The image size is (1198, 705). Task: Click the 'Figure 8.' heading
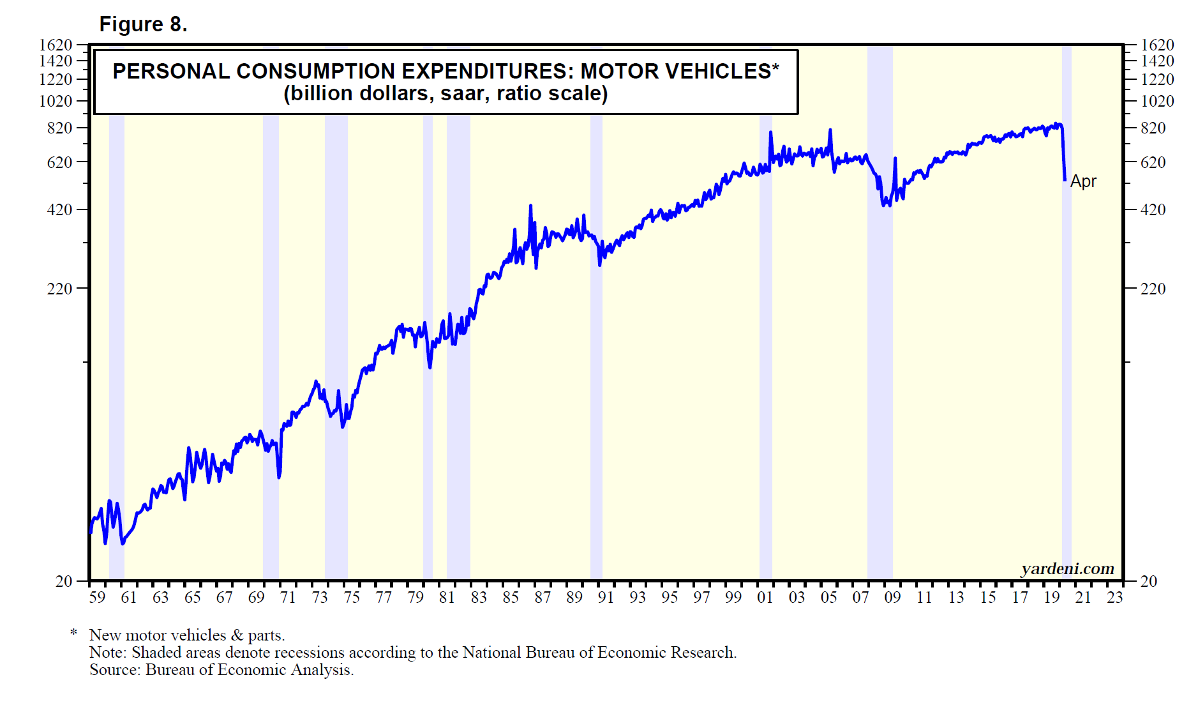coord(143,24)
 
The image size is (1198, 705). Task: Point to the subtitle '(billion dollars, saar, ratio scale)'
coord(446,93)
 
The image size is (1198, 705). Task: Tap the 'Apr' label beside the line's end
coord(1083,181)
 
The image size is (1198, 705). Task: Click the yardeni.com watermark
coord(1067,568)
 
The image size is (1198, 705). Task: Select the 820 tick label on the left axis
coord(60,128)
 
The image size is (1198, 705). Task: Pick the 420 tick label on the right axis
coord(1153,209)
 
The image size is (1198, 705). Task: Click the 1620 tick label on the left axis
coord(56,45)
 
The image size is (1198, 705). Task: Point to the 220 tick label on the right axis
coord(1153,289)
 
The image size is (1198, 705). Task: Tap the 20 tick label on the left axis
coord(64,581)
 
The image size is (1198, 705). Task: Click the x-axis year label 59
coord(97,597)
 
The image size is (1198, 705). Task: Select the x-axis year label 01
coord(765,597)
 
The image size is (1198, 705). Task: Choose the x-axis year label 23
coord(1114,597)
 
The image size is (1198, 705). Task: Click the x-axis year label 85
coord(511,597)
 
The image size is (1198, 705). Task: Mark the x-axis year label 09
coord(892,597)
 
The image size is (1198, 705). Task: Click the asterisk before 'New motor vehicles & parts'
coord(74,633)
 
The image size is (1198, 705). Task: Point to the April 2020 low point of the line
coord(1065,180)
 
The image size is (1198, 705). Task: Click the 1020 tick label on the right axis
coord(1157,101)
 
